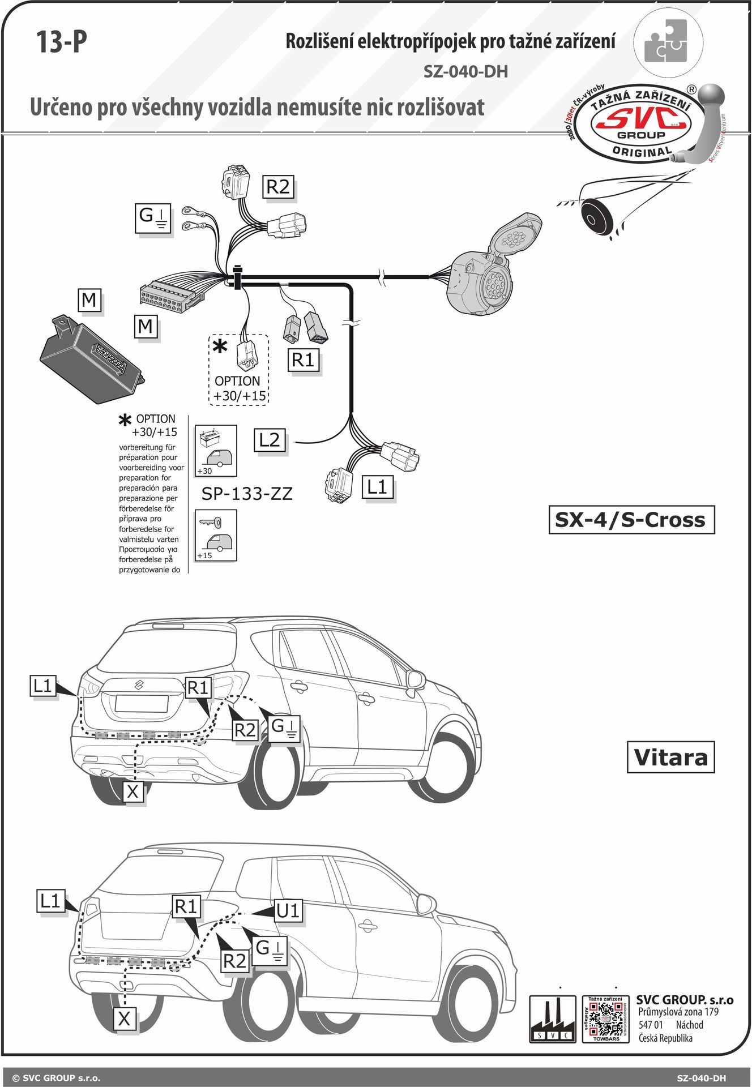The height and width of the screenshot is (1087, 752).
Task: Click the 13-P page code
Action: coord(62,42)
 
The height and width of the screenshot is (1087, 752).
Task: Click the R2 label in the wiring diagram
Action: coord(278,186)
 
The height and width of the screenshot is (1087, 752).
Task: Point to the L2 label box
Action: coord(270,440)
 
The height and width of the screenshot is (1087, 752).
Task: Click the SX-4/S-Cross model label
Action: coord(631,520)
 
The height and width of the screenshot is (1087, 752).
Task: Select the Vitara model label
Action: coord(670,758)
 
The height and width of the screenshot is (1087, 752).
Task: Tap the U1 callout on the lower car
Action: coord(288,911)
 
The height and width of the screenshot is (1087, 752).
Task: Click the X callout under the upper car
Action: coord(133,791)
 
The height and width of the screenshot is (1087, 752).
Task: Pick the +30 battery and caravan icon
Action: coord(215,451)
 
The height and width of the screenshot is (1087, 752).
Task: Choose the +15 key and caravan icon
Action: coord(215,536)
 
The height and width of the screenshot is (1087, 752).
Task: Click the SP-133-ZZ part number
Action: coord(247,494)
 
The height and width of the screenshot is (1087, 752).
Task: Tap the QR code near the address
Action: coord(605,1019)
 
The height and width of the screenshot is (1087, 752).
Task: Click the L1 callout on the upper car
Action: coord(43,686)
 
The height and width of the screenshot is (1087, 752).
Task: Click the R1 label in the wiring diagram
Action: coord(303,360)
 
